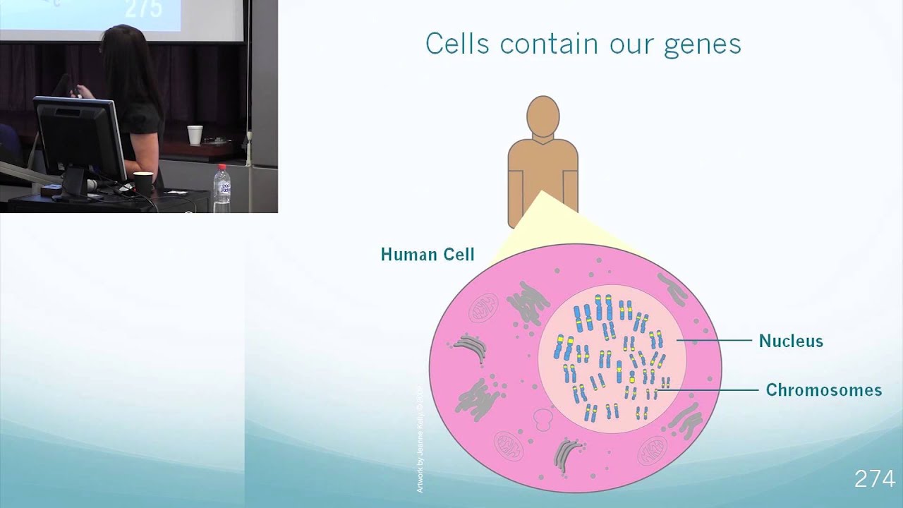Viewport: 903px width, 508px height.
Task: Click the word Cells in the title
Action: pos(457,44)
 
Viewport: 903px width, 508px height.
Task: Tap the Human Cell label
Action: pos(428,255)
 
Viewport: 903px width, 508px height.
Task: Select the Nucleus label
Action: pos(791,341)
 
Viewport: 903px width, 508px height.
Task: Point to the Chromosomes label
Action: pos(823,390)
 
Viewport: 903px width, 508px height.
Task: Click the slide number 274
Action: pos(874,479)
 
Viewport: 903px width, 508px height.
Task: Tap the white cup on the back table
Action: pos(195,135)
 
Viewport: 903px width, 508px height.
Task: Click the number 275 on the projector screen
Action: pos(143,9)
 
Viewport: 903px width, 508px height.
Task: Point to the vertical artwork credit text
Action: pos(420,438)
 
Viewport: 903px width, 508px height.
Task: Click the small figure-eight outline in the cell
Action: pos(542,421)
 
